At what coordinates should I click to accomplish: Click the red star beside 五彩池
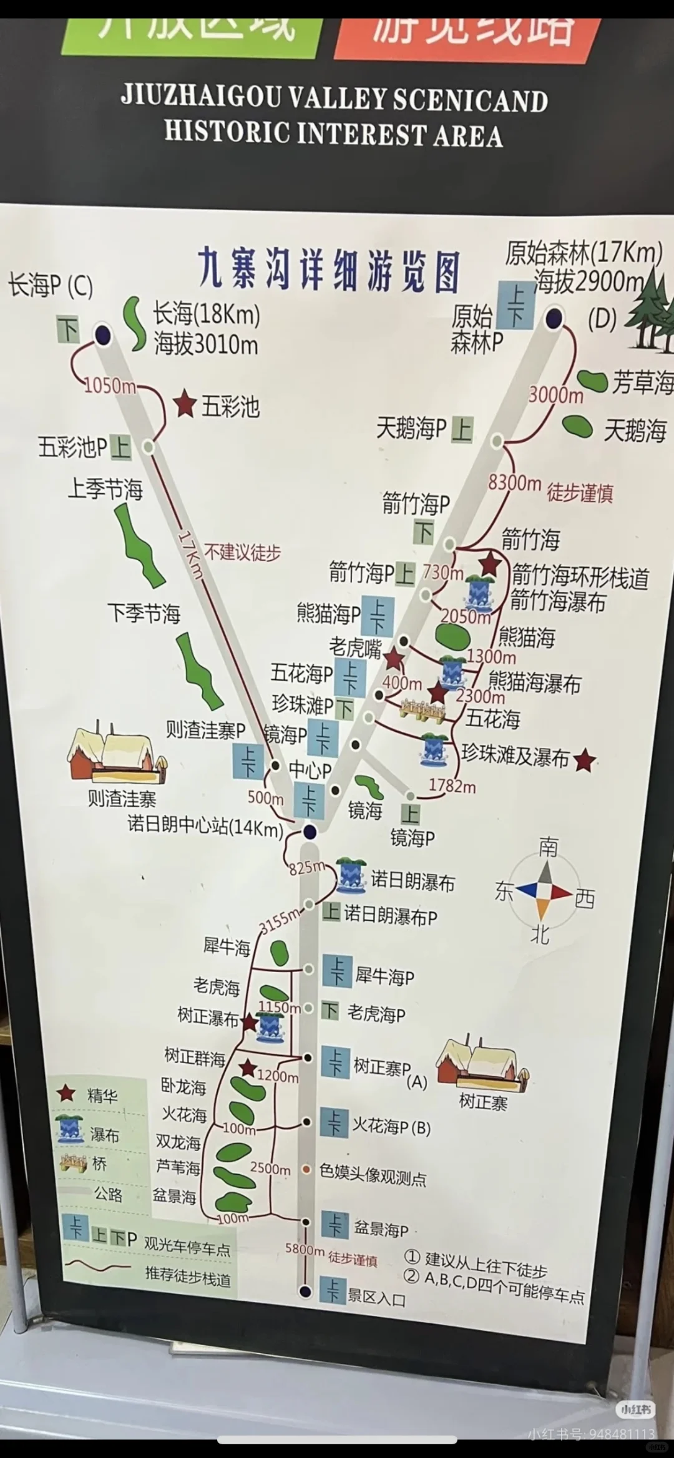pos(185,404)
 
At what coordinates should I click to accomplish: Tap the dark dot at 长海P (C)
pos(103,335)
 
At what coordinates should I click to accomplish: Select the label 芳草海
pos(642,382)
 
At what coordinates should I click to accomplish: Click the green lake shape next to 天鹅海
pos(577,426)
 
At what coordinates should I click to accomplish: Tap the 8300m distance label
pos(514,482)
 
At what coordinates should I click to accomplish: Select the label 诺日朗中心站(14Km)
pos(205,826)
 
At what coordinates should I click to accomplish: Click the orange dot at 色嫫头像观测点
pos(306,1169)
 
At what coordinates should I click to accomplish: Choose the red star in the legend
pos(66,1094)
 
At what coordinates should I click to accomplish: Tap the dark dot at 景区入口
pos(305,1291)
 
